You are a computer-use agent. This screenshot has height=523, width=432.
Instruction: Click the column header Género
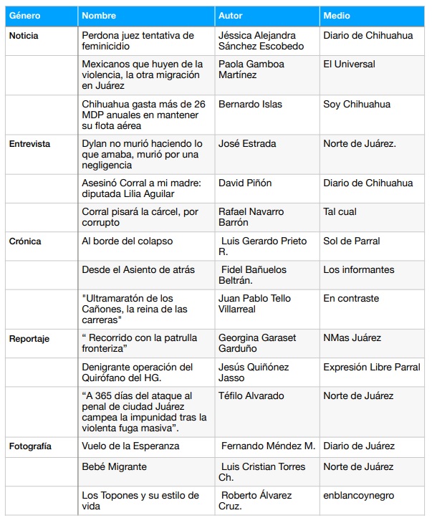24,15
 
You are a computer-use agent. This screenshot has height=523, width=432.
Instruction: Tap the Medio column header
337,15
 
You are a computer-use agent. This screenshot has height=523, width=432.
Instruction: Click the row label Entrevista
29,143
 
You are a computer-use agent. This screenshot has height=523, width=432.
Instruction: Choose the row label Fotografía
30,446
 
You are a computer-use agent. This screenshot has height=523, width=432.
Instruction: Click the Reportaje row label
29,338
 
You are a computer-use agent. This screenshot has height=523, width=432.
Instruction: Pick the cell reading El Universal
349,64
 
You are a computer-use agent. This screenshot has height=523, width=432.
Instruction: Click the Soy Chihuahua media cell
357,105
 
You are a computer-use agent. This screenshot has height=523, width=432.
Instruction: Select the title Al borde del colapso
128,241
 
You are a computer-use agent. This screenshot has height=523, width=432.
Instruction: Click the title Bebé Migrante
115,466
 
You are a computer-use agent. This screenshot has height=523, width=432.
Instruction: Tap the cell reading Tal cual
340,212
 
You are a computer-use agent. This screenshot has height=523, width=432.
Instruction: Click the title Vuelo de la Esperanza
130,446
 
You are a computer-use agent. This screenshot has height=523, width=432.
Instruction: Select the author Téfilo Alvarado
251,395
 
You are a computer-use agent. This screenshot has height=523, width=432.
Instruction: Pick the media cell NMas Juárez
352,338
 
